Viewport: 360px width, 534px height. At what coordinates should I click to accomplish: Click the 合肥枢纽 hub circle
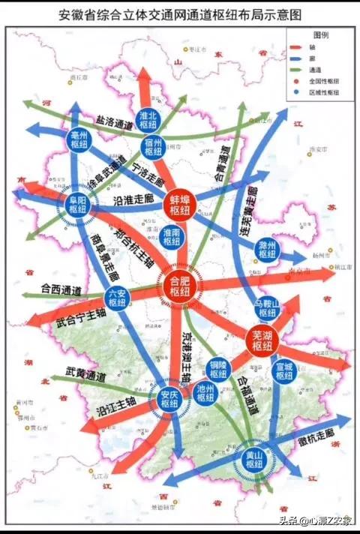point(181,284)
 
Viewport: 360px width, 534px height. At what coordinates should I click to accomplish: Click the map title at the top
point(179,14)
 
